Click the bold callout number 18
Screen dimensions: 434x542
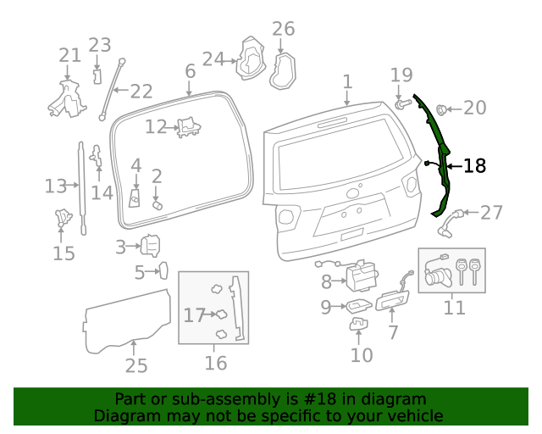(x=476, y=166)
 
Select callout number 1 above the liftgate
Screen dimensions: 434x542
(x=347, y=81)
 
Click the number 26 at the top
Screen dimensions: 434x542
(x=283, y=29)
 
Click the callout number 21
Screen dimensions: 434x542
(x=69, y=56)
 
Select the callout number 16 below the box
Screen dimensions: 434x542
(x=216, y=363)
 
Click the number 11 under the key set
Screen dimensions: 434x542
(x=455, y=306)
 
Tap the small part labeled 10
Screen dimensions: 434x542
(x=359, y=324)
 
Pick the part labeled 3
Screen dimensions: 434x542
(x=150, y=246)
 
